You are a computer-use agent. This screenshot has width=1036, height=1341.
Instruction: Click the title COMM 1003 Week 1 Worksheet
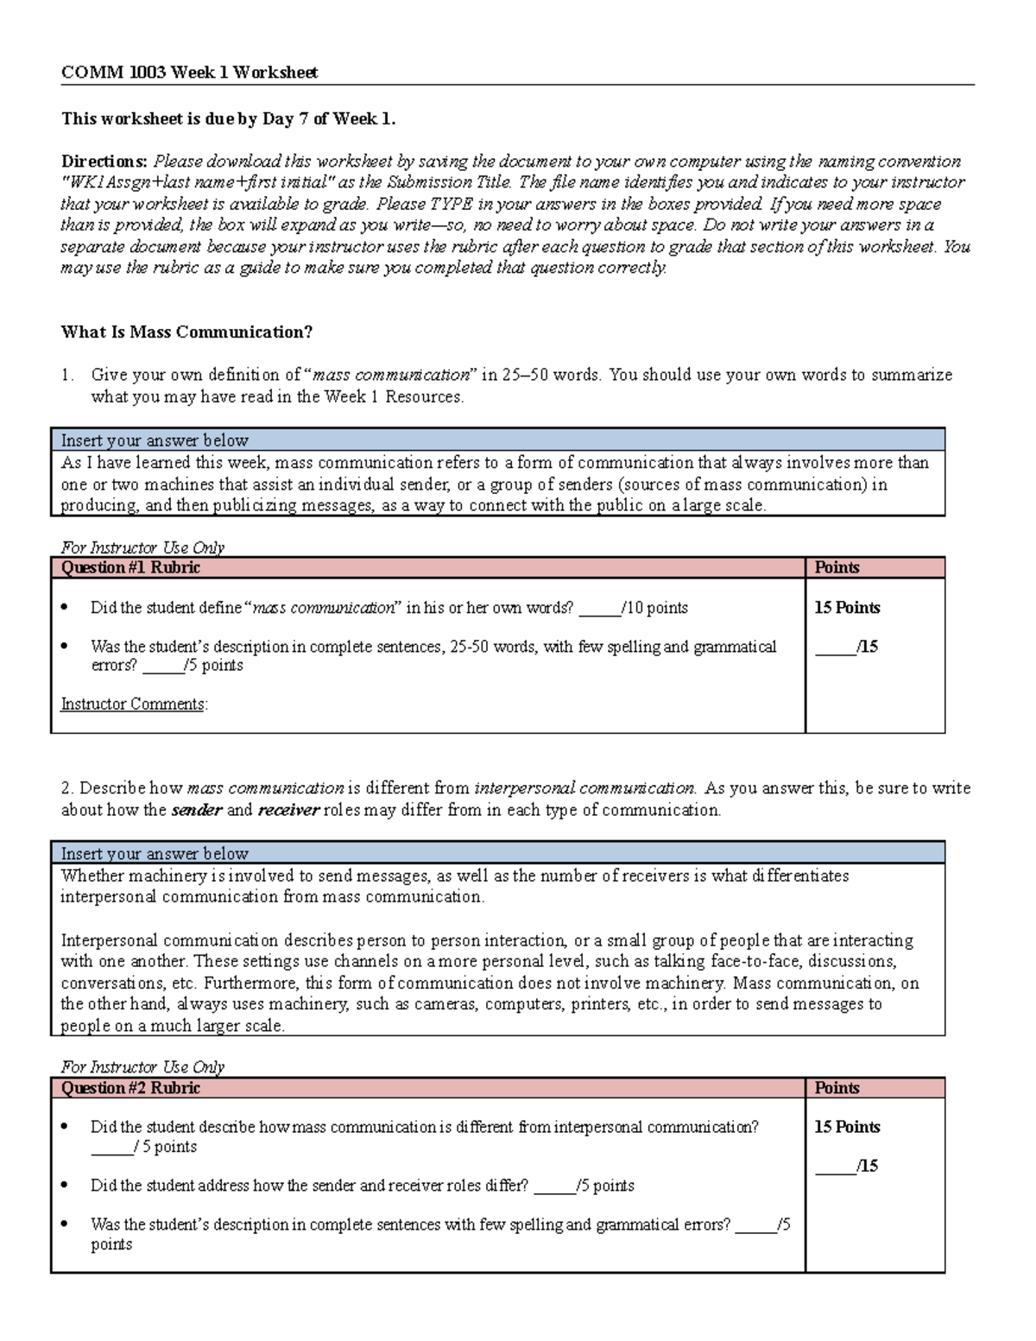[189, 73]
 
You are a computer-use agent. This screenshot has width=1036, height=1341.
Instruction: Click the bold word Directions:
[104, 161]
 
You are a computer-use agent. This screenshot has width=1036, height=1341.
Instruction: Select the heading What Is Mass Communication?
[186, 332]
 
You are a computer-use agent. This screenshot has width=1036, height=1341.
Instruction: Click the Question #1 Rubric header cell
[130, 567]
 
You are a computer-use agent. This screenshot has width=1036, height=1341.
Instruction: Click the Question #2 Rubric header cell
[130, 1088]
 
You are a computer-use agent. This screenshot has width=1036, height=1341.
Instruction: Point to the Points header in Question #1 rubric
[837, 567]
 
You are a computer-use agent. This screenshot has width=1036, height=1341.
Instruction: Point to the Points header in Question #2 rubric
[837, 1088]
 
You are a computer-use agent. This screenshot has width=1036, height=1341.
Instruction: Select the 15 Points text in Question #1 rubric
[847, 608]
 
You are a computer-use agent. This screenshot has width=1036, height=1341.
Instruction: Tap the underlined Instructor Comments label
[133, 705]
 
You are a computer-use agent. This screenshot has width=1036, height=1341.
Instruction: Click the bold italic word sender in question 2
[197, 810]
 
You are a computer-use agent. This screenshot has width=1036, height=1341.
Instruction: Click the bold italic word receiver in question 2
[288, 810]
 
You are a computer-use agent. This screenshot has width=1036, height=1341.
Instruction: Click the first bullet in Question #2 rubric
[65, 1128]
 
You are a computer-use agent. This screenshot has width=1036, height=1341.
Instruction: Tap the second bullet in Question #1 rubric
[65, 647]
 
